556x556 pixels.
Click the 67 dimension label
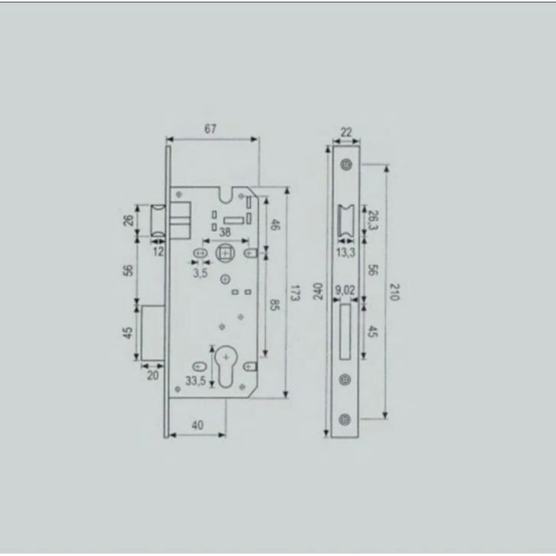(x=211, y=129)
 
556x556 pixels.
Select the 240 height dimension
(x=319, y=291)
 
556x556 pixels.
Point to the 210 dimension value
(x=394, y=292)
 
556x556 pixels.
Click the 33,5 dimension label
(x=195, y=381)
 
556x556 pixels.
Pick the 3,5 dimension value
(x=200, y=273)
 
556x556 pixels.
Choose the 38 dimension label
(x=225, y=232)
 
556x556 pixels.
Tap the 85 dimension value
(x=274, y=305)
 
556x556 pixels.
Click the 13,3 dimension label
(x=345, y=253)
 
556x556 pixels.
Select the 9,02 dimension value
(x=345, y=290)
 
